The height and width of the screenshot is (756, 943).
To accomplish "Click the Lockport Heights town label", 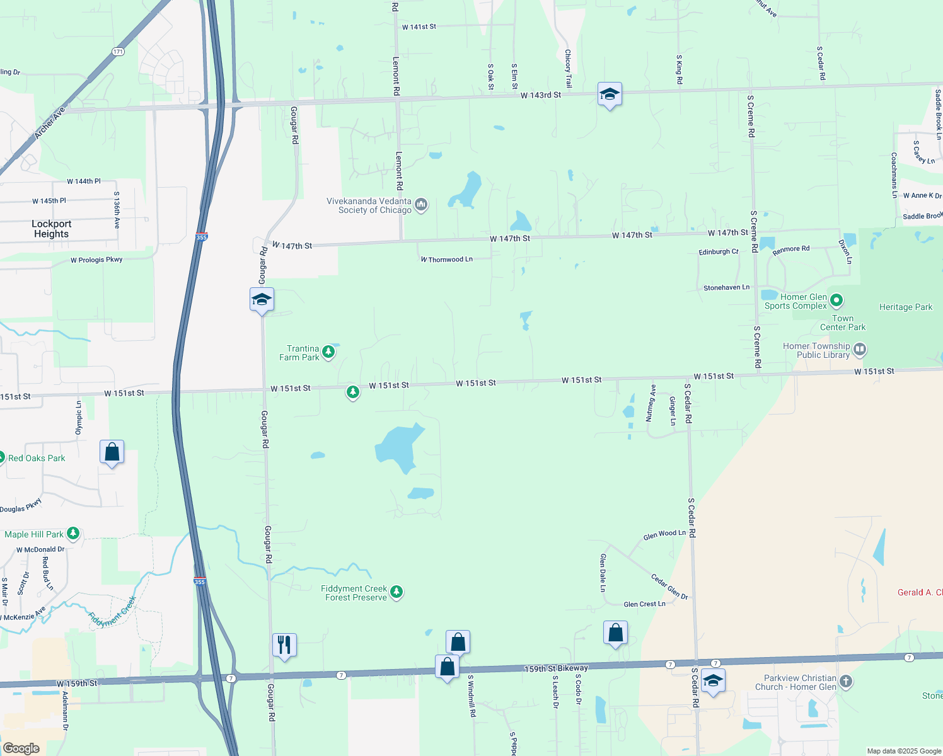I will click(52, 229).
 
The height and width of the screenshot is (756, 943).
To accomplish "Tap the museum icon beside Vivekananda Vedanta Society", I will click(421, 204).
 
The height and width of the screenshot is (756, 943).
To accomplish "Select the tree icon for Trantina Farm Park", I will click(328, 352).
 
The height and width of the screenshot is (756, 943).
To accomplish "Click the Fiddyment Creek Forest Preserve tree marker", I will click(396, 592).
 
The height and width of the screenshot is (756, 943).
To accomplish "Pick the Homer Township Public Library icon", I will click(860, 349).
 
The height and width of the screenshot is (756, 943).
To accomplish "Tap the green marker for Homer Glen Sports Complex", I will click(836, 300).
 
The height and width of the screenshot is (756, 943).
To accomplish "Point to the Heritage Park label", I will click(905, 307).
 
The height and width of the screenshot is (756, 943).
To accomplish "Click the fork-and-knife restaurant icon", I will click(284, 644).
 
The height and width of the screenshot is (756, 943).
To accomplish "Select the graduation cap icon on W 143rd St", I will click(610, 94).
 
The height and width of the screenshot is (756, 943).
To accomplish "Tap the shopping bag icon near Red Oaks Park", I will click(112, 452).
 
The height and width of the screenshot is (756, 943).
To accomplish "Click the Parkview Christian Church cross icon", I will click(846, 681).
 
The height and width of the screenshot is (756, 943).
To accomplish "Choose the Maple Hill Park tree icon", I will click(73, 534).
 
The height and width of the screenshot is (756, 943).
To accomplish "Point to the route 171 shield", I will click(119, 52).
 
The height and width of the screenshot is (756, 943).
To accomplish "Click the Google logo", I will click(21, 748).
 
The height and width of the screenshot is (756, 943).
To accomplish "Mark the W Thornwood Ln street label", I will click(447, 260).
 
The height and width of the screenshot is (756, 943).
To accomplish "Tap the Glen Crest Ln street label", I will click(644, 604).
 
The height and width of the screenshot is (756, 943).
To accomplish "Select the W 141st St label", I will click(419, 27).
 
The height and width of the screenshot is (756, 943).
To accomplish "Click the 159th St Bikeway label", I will click(556, 668).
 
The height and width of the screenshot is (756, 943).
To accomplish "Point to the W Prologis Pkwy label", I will click(96, 260).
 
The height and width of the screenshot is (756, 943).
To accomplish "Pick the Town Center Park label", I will click(843, 323).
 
